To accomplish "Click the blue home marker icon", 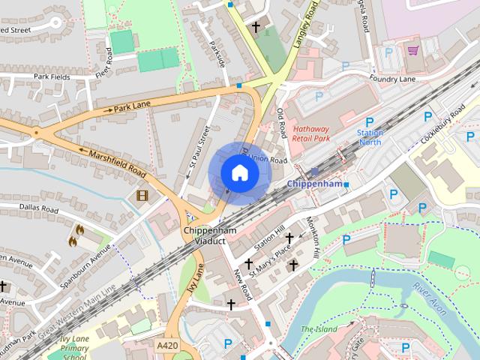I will [x=239, y=173].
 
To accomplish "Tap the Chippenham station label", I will [x=314, y=184].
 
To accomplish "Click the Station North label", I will [x=370, y=137].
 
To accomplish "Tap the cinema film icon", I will [x=142, y=196].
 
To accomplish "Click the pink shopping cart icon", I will [x=412, y=50].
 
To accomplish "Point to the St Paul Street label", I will [x=198, y=149].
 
